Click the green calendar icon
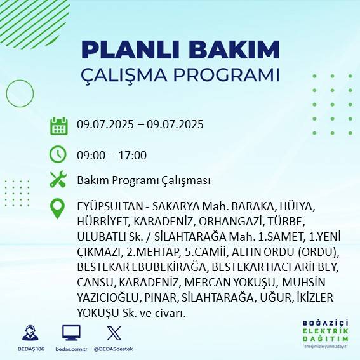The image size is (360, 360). tap(58, 126)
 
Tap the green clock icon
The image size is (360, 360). tap(58, 154)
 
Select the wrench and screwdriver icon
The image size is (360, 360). tap(58, 180)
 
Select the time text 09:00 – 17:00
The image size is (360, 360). tap(111, 155)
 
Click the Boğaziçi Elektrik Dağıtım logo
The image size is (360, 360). tap(325, 334)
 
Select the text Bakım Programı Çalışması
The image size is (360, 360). tap(143, 180)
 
